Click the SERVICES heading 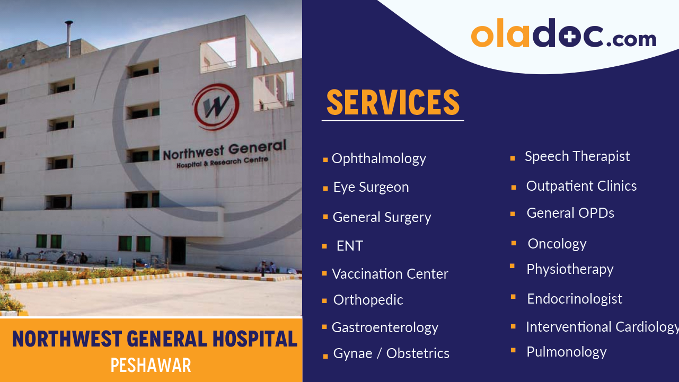(x=392, y=103)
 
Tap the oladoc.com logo (x=563, y=34)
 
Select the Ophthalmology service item (x=378, y=158)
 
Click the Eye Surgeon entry (x=371, y=187)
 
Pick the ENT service (x=349, y=246)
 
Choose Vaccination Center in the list (x=390, y=274)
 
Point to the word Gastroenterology (x=385, y=327)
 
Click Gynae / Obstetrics (x=391, y=353)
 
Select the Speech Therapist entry (x=577, y=156)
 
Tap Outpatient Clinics (x=581, y=186)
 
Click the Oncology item (x=557, y=244)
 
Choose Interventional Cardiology (x=601, y=327)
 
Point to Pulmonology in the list (x=566, y=352)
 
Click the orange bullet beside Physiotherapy (x=513, y=266)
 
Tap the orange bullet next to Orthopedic (x=324, y=301)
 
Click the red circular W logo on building (x=215, y=106)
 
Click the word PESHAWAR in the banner (x=151, y=365)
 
